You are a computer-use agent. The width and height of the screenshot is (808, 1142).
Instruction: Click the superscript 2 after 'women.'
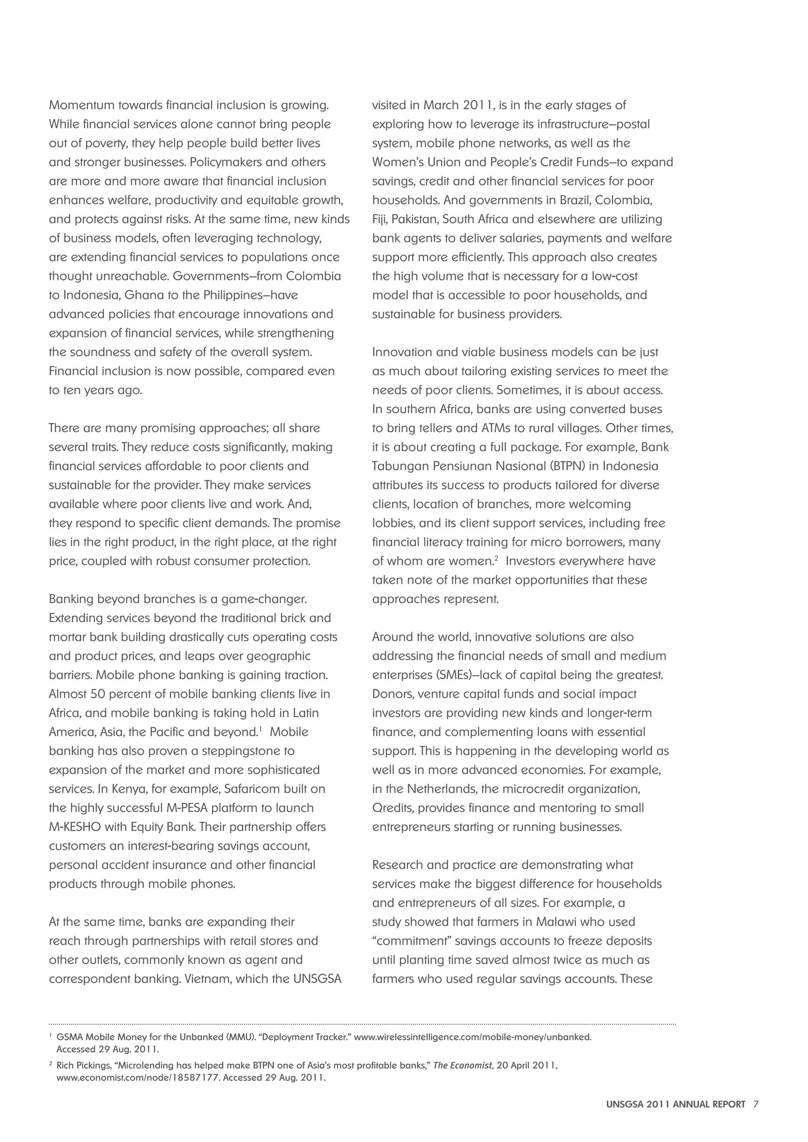click(x=496, y=558)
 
